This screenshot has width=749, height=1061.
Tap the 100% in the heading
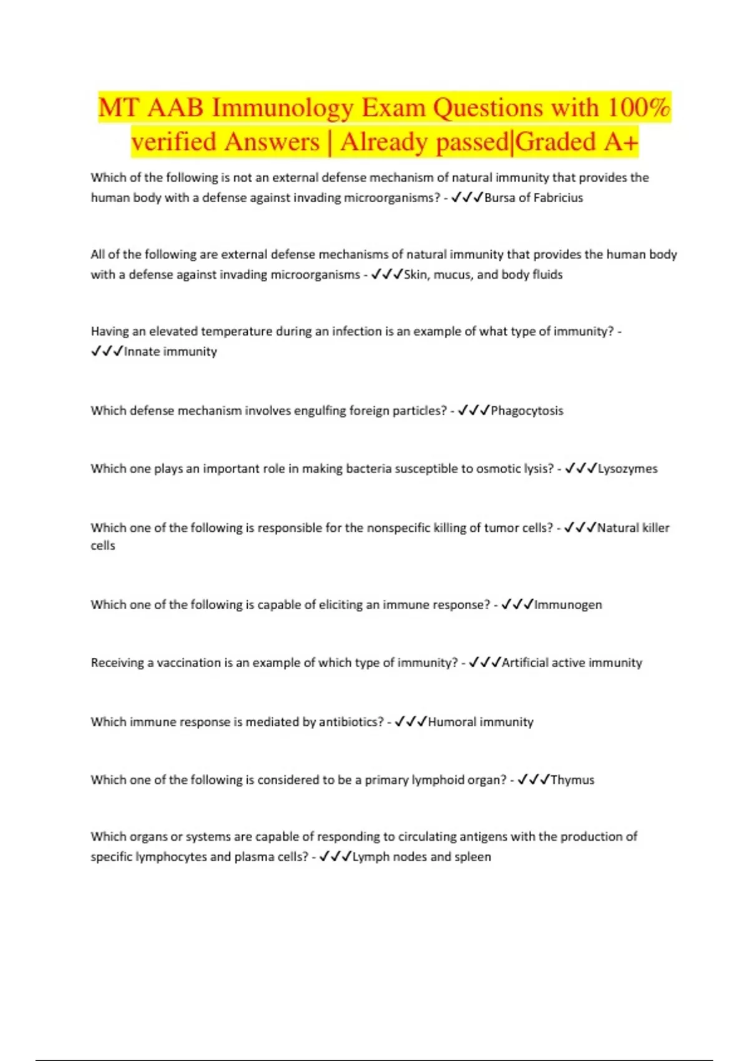(639, 108)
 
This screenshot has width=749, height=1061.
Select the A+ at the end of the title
(621, 142)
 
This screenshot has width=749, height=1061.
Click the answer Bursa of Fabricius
(534, 198)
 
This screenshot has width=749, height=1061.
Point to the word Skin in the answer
(415, 275)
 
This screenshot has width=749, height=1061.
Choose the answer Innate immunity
(170, 351)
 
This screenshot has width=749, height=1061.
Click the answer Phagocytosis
(527, 411)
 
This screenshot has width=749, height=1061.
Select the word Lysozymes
(627, 469)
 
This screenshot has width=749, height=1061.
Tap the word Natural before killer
(618, 528)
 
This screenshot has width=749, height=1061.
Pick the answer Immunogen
(568, 605)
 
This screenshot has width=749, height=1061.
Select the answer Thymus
(572, 780)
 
